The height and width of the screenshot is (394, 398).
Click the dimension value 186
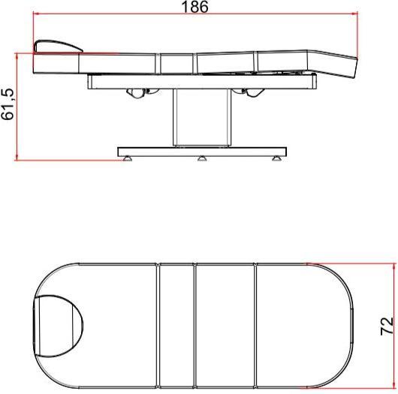tap(194, 7)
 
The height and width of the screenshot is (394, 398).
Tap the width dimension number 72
tap(386, 326)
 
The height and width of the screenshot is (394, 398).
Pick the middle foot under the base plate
tap(201, 158)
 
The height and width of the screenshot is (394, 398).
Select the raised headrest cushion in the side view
tap(59, 47)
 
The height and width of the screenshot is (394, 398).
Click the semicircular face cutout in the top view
tap(60, 326)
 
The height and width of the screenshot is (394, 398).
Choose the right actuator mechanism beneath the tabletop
tap(250, 91)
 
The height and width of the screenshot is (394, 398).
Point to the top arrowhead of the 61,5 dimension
tap(17, 56)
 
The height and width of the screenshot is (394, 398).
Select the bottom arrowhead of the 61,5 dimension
tap(17, 157)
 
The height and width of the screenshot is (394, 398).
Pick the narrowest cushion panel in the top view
tap(177, 326)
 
